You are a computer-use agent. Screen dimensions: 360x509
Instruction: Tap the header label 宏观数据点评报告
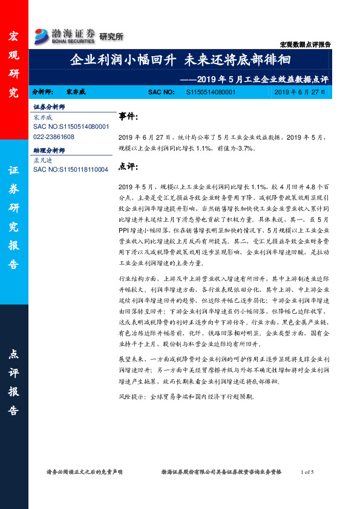(x=305, y=45)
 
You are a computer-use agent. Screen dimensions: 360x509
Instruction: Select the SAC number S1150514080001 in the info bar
(x=211, y=92)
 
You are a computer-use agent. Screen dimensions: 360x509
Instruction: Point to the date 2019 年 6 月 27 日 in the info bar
(x=299, y=92)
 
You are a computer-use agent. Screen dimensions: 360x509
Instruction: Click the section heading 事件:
(x=129, y=116)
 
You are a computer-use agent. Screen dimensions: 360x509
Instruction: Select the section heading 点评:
(x=129, y=166)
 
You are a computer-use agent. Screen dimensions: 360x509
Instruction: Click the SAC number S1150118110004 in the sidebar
(x=71, y=170)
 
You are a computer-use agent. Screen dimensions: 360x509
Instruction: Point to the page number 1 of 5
(x=307, y=472)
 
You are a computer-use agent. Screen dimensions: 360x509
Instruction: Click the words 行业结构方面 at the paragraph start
(x=136, y=280)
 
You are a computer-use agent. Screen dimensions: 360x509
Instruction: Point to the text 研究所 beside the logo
(x=111, y=37)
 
